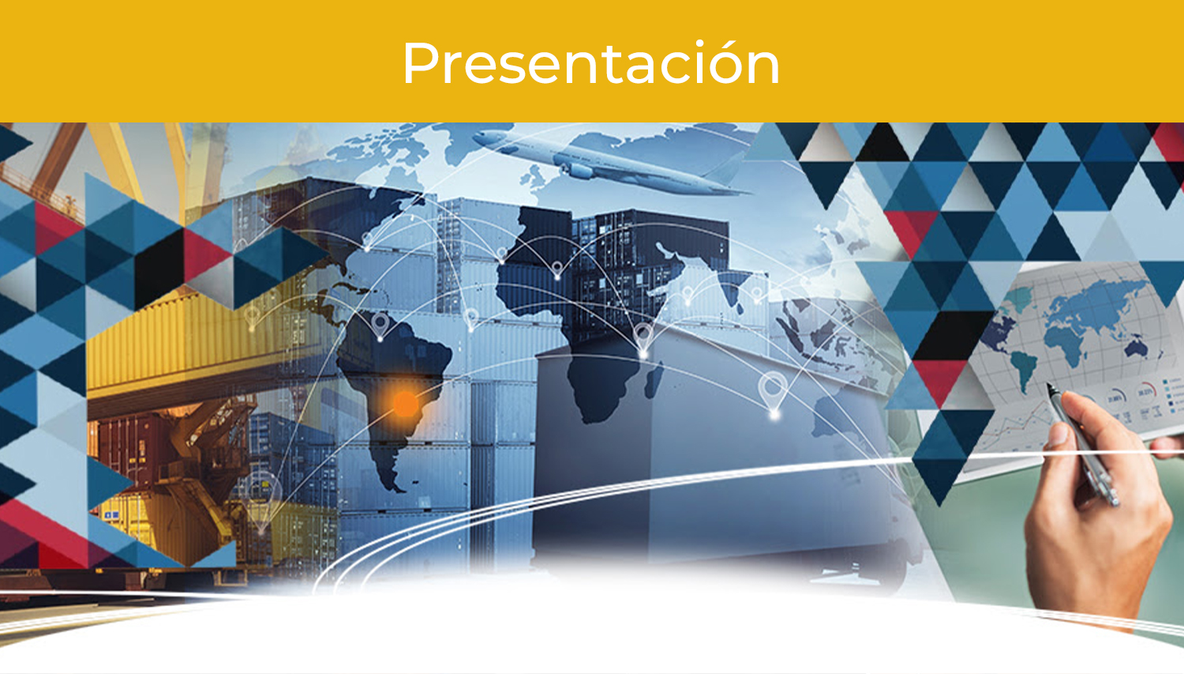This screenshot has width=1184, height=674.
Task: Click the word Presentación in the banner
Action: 591,63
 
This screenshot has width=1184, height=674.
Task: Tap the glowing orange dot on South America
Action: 406,405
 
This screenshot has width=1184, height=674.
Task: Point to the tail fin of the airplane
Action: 730,161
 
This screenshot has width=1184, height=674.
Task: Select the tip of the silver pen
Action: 1048,385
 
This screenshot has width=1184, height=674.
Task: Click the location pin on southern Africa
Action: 643,340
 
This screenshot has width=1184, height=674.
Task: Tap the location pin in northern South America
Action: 380,325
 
